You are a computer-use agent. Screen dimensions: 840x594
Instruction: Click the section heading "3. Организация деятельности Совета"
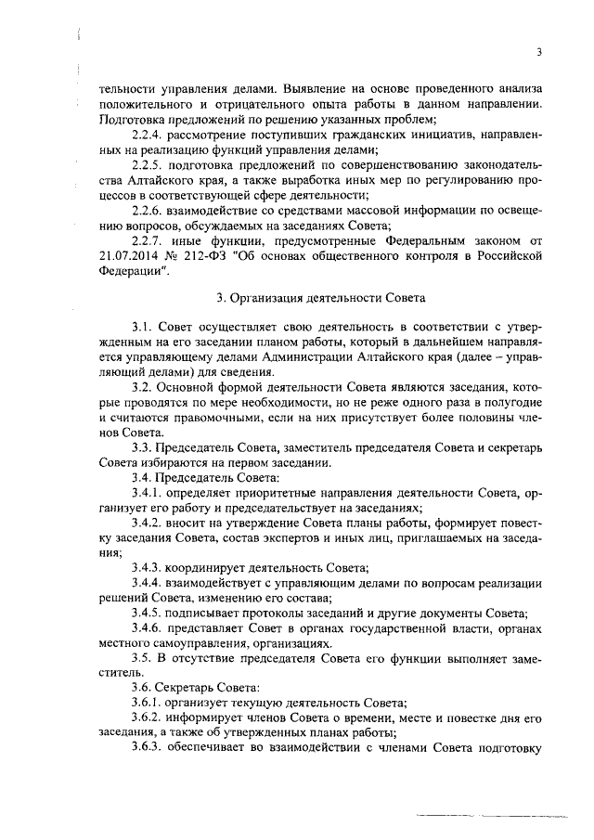tap(321, 299)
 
